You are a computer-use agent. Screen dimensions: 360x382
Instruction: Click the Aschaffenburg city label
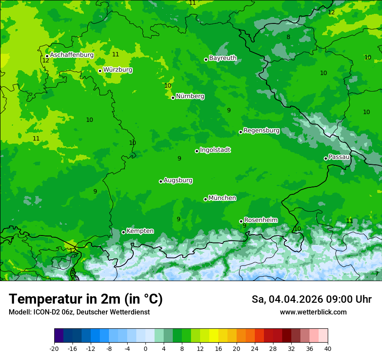72,55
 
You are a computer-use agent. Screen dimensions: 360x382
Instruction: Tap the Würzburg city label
118,70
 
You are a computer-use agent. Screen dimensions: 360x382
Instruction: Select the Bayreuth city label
223,58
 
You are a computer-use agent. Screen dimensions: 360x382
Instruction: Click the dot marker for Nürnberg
173,98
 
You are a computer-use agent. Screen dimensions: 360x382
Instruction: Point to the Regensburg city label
261,131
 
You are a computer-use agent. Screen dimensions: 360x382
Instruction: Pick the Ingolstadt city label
215,150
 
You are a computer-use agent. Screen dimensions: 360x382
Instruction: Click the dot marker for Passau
326,158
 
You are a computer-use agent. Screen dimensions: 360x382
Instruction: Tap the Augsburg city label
178,180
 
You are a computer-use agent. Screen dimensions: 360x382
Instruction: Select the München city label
222,198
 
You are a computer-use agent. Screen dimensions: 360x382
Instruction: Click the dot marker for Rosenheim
241,222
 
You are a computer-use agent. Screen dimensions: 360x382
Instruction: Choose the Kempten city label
140,231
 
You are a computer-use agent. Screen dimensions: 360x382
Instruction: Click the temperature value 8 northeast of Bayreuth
288,37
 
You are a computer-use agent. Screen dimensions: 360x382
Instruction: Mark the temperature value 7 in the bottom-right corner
377,274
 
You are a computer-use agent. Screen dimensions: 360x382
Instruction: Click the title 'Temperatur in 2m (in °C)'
86,299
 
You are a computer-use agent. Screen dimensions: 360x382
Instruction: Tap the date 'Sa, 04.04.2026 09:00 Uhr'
312,299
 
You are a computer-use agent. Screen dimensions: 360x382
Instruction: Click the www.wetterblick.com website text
313,312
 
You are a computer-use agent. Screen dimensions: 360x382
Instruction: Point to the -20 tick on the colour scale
54,348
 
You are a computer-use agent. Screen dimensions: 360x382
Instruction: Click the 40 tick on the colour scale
328,348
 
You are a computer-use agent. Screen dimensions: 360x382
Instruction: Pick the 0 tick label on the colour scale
145,348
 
